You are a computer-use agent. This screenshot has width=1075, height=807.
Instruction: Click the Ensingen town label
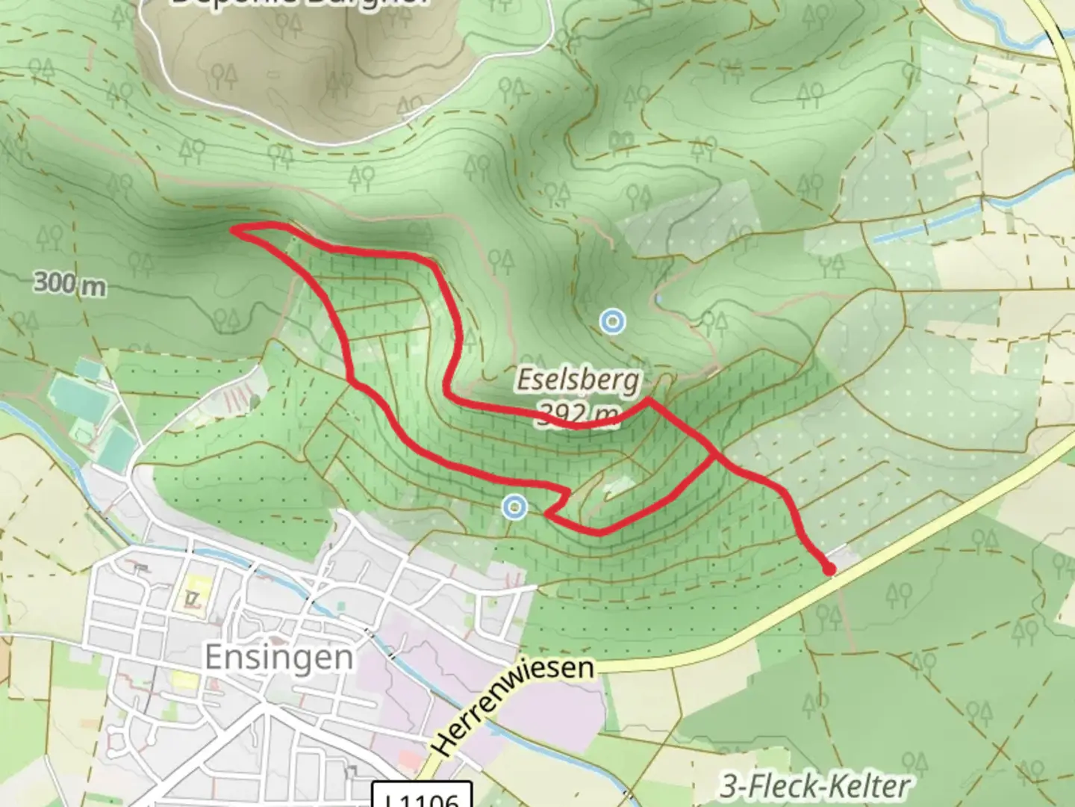pos(278,658)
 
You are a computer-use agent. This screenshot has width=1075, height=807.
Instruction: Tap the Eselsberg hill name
pos(579,380)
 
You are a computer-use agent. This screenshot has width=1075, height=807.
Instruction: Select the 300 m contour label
pos(69,284)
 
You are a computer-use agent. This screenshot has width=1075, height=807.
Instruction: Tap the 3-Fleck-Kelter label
pos(815,786)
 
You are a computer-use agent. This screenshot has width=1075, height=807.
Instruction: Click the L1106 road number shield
pos(423,797)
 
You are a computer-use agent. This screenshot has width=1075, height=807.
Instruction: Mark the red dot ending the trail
pos(829,570)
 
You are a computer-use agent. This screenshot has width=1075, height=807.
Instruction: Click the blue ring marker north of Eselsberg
pos(612,321)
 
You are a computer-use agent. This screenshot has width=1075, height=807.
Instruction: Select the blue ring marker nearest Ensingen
pos(514,507)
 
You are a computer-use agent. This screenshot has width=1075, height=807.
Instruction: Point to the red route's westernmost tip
pos(234,229)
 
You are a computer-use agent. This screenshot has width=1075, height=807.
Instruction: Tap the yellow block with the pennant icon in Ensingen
pos(196,593)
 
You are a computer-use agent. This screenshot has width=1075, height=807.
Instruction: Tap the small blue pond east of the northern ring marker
pos(658,299)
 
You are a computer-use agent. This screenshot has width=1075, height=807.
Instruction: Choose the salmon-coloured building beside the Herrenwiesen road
pos(409,761)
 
